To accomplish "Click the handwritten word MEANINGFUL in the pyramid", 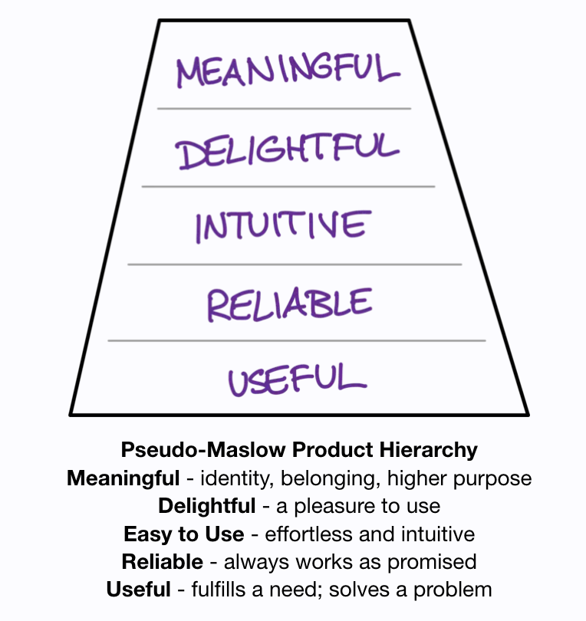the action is (x=288, y=71).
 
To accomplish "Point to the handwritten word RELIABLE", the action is (x=289, y=304).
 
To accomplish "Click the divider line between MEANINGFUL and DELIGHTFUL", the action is (x=284, y=109).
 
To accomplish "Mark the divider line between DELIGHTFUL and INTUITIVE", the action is (x=288, y=186).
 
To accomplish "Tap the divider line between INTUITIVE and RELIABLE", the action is (x=295, y=264).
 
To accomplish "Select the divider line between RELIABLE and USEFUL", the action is (x=296, y=340).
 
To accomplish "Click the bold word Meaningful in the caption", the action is (x=123, y=478).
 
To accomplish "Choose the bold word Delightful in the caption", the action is (x=207, y=506).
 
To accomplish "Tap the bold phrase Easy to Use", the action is (x=184, y=534).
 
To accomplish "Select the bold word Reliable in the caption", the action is (x=163, y=561).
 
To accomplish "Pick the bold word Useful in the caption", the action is (x=138, y=589).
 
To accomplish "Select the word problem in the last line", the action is (x=452, y=589).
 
